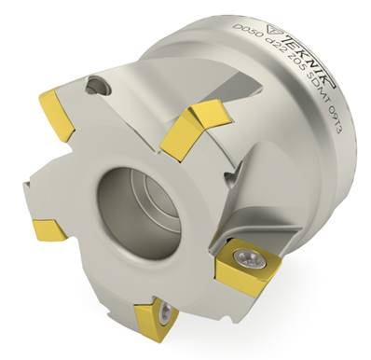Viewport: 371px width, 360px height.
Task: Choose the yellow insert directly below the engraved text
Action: [195, 127]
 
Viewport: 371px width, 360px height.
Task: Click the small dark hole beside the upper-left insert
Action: [91, 86]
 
